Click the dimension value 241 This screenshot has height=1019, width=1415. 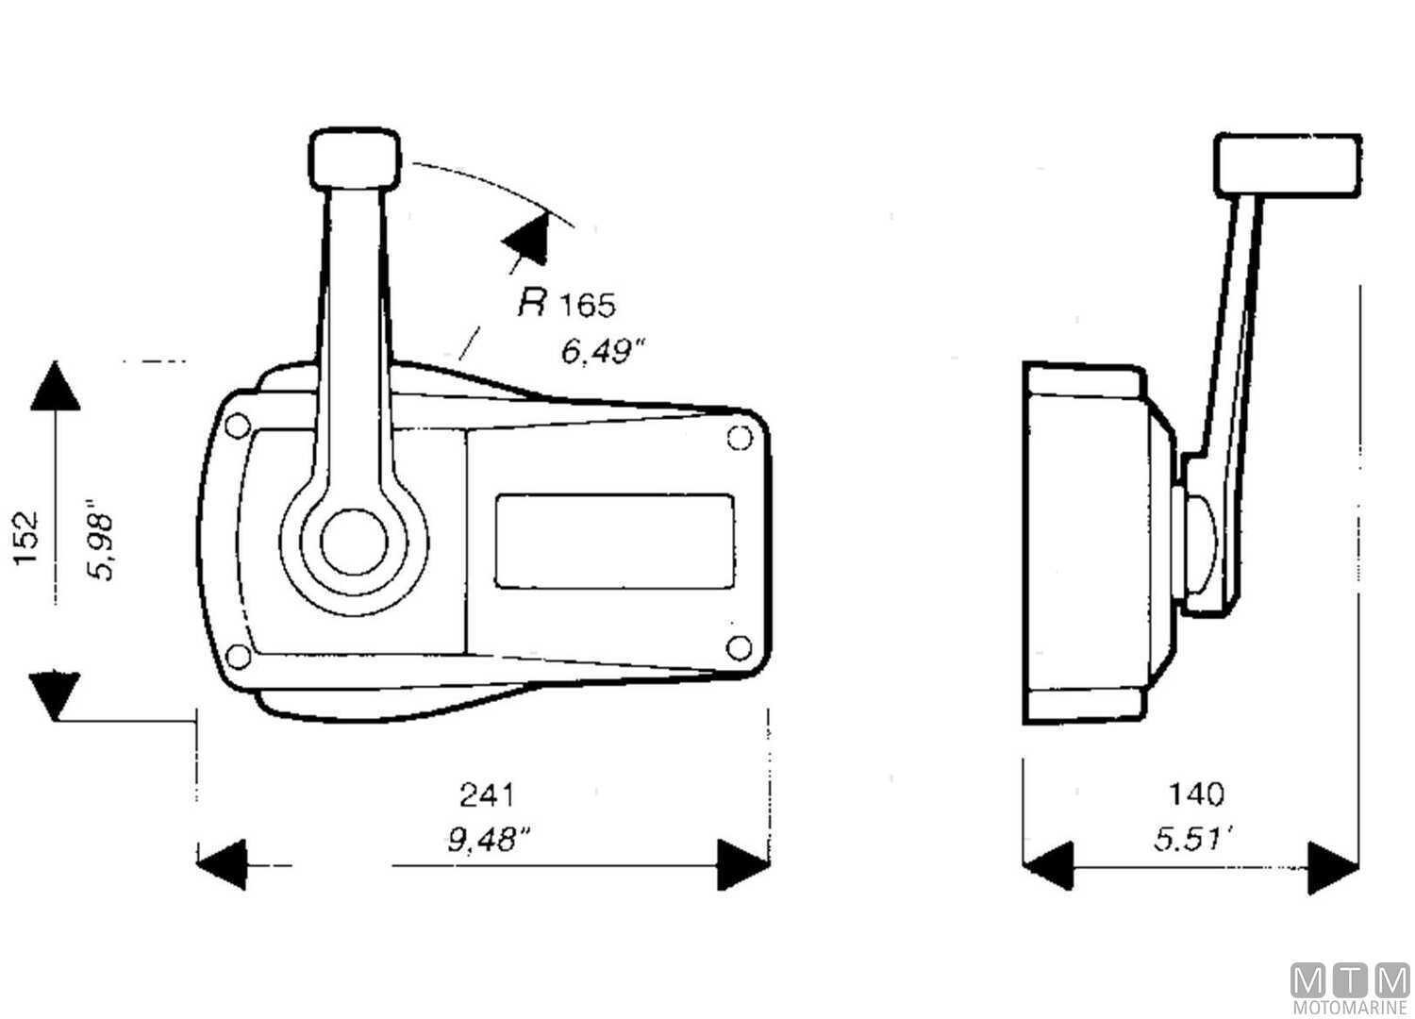487,794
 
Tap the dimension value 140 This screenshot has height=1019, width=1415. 1196,794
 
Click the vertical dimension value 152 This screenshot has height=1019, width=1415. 26,539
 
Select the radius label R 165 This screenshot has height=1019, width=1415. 566,304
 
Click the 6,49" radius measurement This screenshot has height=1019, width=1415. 602,352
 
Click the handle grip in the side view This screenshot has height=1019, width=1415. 1288,165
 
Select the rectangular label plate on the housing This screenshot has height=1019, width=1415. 614,541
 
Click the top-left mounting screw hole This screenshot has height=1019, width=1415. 238,426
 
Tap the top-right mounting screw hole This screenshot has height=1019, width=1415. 740,438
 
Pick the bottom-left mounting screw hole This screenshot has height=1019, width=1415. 240,656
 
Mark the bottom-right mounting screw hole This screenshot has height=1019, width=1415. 740,647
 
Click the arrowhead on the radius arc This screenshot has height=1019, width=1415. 526,238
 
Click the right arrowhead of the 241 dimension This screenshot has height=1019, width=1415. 743,864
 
